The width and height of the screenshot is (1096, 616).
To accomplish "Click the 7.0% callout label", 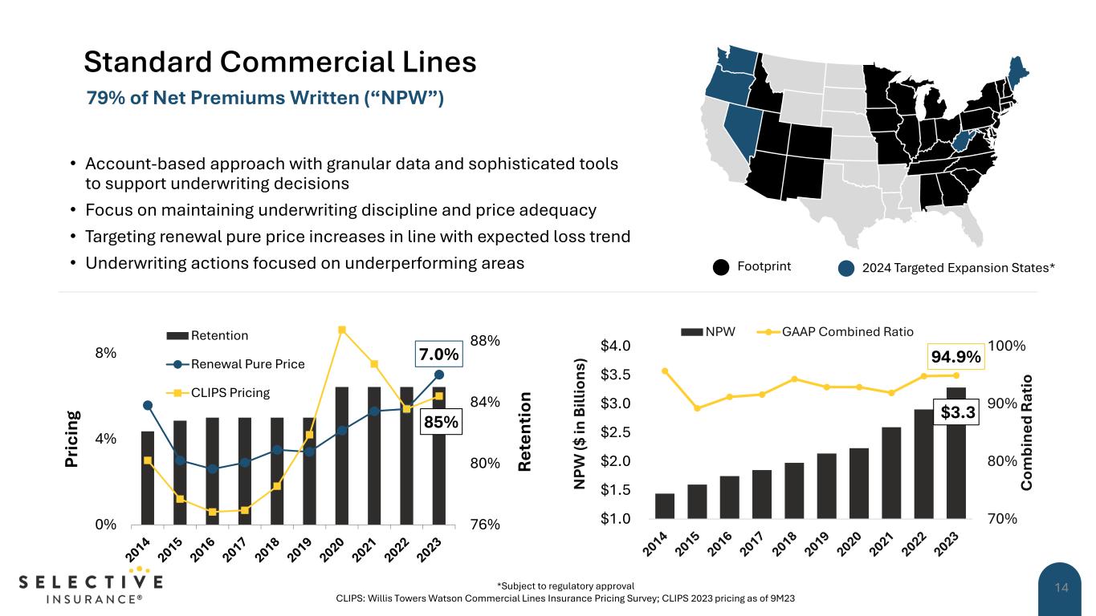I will pos(439,354).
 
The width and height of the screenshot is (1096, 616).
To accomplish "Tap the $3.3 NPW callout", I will pos(957,412).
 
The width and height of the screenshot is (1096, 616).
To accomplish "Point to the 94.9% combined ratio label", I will pos(956,356).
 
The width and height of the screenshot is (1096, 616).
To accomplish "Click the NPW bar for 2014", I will pos(665,506).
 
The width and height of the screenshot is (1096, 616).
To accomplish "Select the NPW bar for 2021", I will pos(891,472).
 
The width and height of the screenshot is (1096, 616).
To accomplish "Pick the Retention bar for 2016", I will pos(212,471).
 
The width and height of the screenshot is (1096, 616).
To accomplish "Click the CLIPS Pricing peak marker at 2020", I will pos(342,330).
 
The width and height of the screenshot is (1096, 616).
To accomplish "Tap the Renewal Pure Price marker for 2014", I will pos(148,405).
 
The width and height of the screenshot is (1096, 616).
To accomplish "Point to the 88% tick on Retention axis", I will pos(485,341).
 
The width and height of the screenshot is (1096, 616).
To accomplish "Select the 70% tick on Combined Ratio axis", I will pos(1002,519).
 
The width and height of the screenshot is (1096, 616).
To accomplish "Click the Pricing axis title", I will pos(73,439).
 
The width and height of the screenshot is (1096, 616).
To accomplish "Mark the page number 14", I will pos(1061,589).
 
